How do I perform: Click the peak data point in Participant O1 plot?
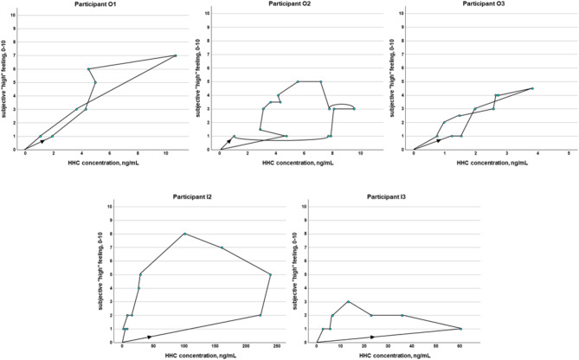[175, 56]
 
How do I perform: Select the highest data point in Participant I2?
[184, 234]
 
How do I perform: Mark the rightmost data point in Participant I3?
[460, 329]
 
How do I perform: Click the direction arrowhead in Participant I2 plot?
[149, 337]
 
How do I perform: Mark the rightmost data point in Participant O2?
[354, 109]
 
